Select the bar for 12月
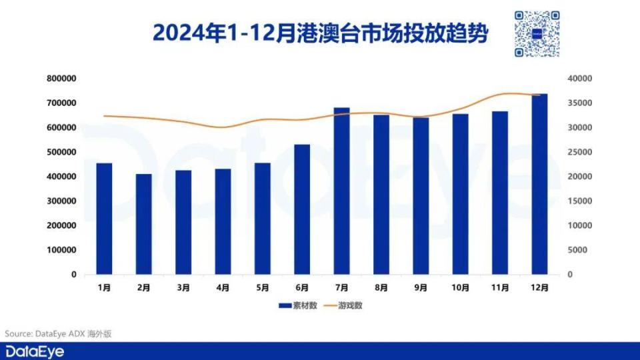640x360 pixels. point(539,184)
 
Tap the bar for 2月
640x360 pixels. point(144,224)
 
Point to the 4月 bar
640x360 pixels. point(223,221)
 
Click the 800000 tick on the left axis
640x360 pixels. point(62,79)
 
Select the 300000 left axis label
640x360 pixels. point(62,201)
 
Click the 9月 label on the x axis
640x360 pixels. point(421,288)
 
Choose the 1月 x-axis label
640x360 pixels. point(104,288)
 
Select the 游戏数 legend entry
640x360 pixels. point(343,306)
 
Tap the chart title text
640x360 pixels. point(320,31)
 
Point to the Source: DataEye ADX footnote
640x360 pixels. point(56,333)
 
